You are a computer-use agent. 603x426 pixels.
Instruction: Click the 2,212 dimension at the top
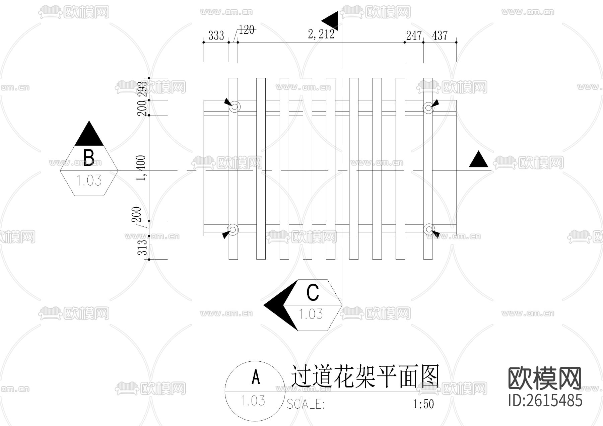pos(321,34)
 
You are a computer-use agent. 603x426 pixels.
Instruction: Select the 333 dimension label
pos(216,35)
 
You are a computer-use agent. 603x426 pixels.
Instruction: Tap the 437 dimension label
pos(440,35)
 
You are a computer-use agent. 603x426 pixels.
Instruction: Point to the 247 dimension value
pos(414,35)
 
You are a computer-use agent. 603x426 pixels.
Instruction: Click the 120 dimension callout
pos(247,30)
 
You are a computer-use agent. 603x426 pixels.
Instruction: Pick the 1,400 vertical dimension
pos(142,168)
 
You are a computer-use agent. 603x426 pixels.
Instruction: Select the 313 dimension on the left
pos(143,247)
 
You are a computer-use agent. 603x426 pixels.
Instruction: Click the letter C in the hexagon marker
pos(313,293)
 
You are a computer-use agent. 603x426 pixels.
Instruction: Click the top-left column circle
pos(234,107)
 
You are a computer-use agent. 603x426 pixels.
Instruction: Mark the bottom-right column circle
pos(428,229)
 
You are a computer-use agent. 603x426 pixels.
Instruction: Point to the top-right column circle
pos(428,108)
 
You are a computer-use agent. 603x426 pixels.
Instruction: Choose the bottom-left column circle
pos(233,229)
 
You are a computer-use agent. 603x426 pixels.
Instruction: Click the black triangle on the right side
pos(478,160)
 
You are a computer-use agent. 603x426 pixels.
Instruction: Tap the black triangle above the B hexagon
pos(89,134)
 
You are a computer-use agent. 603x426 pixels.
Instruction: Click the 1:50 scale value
pos(423,404)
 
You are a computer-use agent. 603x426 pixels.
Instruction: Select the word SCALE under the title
pos(306,404)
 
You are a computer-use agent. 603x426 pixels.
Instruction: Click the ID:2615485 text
pos(545,401)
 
